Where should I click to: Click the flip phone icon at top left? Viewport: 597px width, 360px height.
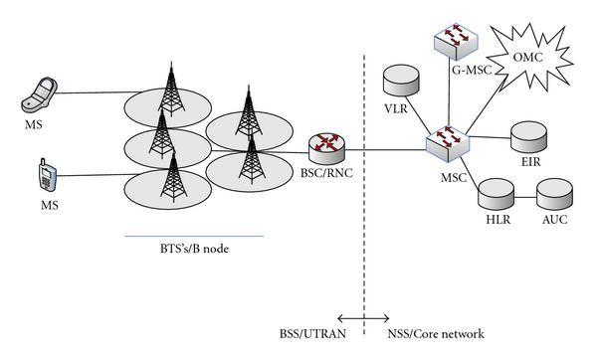(x=41, y=96)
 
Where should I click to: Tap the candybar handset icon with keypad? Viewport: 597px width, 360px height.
(x=46, y=173)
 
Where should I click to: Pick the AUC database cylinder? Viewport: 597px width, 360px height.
(x=552, y=192)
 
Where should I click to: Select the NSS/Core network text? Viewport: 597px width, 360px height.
(x=437, y=335)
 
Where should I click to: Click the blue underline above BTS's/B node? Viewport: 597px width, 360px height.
(x=194, y=237)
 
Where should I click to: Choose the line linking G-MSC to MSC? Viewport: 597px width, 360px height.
(x=449, y=93)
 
